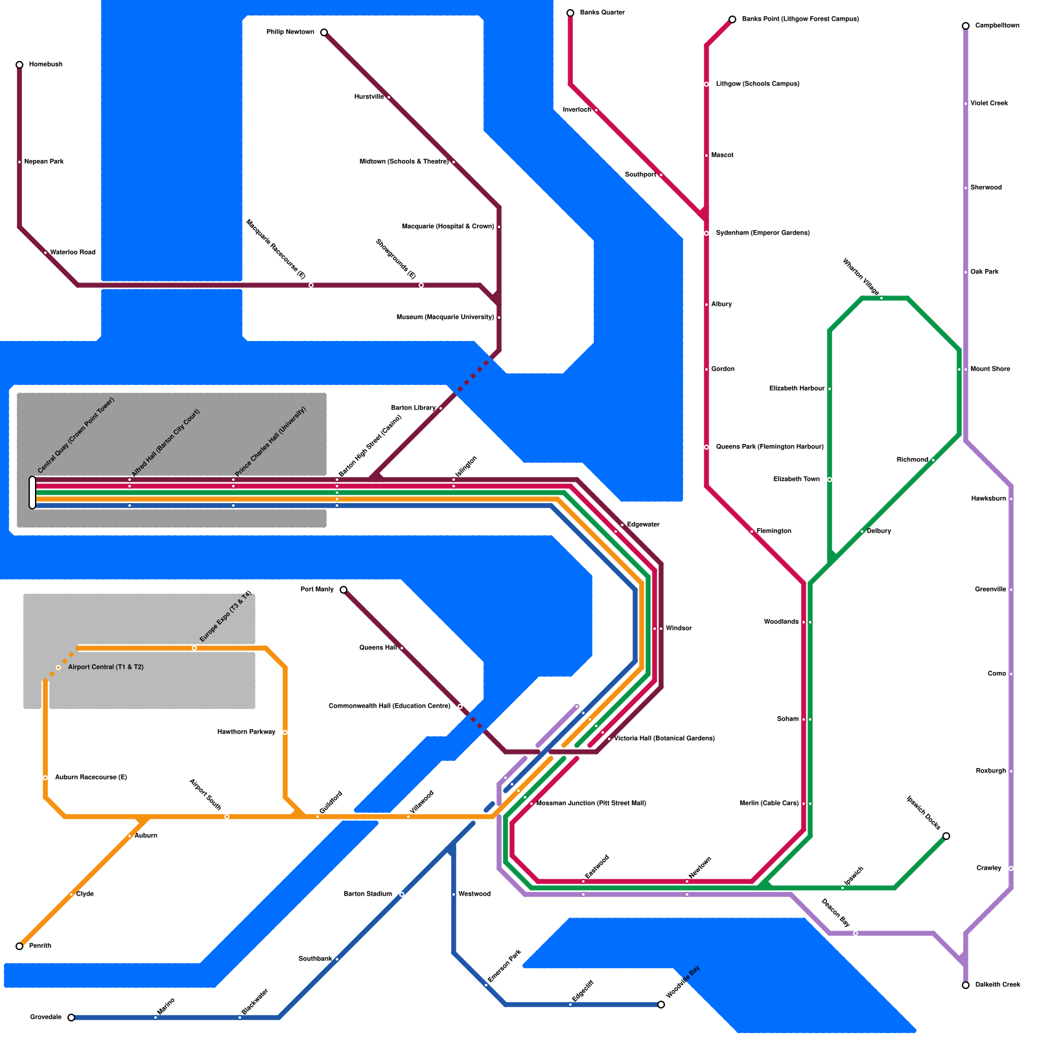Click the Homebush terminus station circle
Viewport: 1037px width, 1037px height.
pos(19,65)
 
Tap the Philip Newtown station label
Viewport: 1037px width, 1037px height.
pos(290,32)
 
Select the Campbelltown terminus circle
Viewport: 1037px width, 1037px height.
pos(966,26)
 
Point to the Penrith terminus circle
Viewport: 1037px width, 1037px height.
pos(19,946)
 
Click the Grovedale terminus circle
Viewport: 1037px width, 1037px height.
pos(71,1018)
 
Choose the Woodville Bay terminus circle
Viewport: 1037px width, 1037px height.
pos(661,1005)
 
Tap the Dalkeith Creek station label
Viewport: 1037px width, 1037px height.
pos(998,985)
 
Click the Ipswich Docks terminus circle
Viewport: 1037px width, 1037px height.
pos(946,836)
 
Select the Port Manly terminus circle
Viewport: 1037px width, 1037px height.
pos(344,590)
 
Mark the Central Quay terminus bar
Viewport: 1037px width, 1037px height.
pos(32,493)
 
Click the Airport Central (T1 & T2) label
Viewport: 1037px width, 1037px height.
pos(106,668)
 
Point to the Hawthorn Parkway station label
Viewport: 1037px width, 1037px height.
pos(246,732)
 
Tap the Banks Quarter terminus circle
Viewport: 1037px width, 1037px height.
pos(570,13)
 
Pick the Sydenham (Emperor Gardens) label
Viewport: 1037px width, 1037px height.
pos(762,233)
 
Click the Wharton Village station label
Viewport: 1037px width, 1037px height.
pos(861,277)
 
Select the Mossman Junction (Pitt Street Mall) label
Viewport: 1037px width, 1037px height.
pos(591,804)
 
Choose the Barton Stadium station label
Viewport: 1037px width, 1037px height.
pos(367,894)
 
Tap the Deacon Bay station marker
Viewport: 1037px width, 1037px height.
pos(856,933)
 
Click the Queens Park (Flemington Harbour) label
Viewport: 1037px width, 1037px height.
pos(769,447)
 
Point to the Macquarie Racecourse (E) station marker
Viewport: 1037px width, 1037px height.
pos(311,285)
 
